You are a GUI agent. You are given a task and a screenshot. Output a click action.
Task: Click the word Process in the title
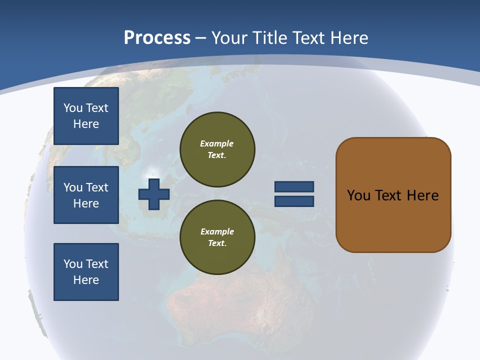click(x=157, y=38)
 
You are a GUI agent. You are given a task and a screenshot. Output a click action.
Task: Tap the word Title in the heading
click(x=268, y=38)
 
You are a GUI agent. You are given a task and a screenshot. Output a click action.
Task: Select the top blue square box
click(x=86, y=116)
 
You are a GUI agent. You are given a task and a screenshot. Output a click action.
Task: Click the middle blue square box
click(x=86, y=195)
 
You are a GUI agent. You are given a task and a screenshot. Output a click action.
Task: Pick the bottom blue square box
click(x=86, y=272)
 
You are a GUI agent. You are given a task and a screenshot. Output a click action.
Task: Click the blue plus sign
click(x=154, y=194)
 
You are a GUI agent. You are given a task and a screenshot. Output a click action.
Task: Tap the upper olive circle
click(x=217, y=149)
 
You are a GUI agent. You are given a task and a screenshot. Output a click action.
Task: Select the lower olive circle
click(x=217, y=237)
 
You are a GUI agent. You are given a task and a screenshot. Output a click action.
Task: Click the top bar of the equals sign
click(x=294, y=186)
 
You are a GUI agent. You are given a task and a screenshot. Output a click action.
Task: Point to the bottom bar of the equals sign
click(x=294, y=201)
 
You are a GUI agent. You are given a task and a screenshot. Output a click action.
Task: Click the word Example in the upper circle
click(x=217, y=143)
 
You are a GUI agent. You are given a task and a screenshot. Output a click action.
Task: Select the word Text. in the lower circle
click(x=217, y=243)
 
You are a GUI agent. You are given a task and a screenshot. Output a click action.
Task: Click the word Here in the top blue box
click(x=86, y=124)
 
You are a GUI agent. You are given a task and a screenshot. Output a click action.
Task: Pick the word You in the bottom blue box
click(x=73, y=264)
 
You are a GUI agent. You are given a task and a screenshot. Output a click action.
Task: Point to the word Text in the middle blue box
click(x=97, y=187)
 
